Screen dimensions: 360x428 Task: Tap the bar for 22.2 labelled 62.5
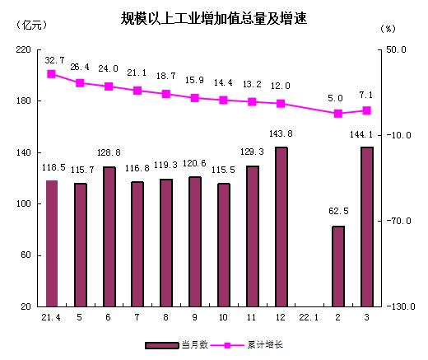pos(338,266)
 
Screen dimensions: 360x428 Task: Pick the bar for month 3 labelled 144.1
pos(366,227)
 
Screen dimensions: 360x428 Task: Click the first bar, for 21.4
pos(51,243)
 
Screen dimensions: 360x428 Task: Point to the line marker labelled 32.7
pos(51,74)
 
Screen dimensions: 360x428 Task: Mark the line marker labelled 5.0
pos(338,114)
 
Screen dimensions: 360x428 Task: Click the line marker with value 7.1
pos(366,110)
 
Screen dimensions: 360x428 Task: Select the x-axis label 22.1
pos(309,317)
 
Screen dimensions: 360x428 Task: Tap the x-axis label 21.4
pos(51,317)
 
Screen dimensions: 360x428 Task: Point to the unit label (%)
pos(389,28)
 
